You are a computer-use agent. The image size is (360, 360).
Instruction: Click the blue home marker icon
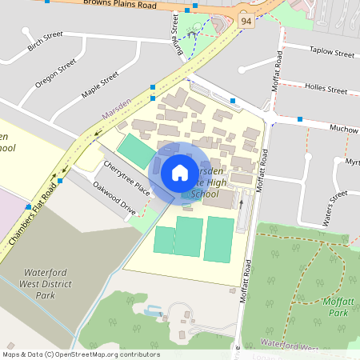pos(180,172)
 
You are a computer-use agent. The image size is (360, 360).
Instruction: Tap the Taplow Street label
pos(331,54)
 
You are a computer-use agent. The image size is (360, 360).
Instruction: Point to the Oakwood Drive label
pos(114,197)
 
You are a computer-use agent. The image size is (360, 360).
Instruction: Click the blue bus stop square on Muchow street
pos(300,119)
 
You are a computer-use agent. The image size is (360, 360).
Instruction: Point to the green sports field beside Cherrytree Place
pos(136,150)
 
